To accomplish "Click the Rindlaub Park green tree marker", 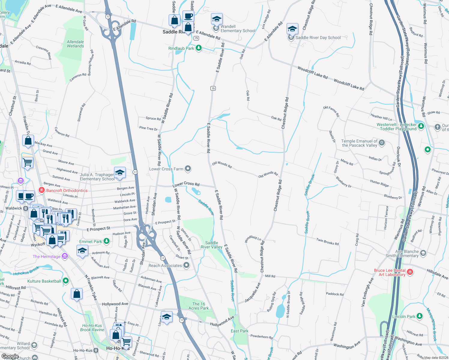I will pyautogui.click(x=198, y=48).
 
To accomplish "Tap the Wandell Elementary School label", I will pyautogui.click(x=238, y=29).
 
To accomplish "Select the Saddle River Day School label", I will pyautogui.click(x=318, y=38).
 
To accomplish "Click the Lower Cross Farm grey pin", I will pyautogui.click(x=188, y=169).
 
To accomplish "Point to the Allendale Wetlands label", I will pyautogui.click(x=75, y=44).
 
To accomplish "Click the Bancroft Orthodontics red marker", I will pyautogui.click(x=42, y=190).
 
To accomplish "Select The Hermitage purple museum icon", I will pyautogui.click(x=65, y=256).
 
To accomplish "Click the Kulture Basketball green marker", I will pyautogui.click(x=66, y=281).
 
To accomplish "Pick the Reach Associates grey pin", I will pyautogui.click(x=186, y=265).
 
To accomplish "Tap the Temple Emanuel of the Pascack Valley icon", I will pyautogui.click(x=382, y=142).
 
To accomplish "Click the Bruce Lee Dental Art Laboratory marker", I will pyautogui.click(x=410, y=272).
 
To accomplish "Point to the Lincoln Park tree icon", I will pyautogui.click(x=419, y=316).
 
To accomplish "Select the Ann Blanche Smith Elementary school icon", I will pyautogui.click(x=423, y=253).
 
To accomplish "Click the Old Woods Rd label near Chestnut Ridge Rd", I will pyautogui.click(x=268, y=175).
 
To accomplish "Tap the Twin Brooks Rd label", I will pyautogui.click(x=327, y=241).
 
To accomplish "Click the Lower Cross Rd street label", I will pyautogui.click(x=186, y=184).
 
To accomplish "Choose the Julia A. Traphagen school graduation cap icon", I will pyautogui.click(x=120, y=173).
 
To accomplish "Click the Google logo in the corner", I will pyautogui.click(x=10, y=356).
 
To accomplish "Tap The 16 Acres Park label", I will pyautogui.click(x=198, y=306).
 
